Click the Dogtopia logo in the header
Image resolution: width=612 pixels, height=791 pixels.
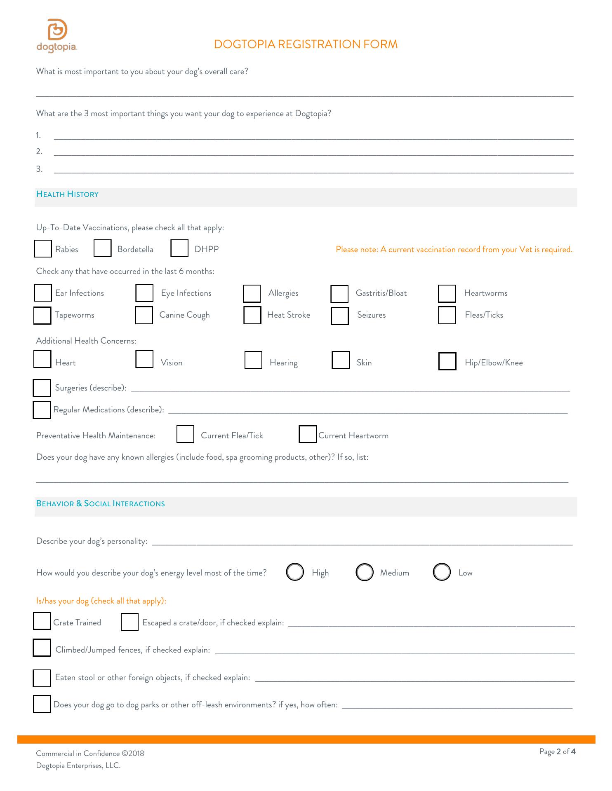pyautogui.click(x=57, y=35)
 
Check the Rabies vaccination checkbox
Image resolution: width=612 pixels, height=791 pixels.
pyautogui.click(x=43, y=249)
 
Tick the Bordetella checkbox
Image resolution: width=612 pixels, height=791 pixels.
pyautogui.click(x=103, y=248)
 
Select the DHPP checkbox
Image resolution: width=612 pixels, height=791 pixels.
pyautogui.click(x=179, y=248)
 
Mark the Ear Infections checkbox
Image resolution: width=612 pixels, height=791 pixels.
pyautogui.click(x=43, y=293)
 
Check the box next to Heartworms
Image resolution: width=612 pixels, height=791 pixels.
pyautogui.click(x=447, y=293)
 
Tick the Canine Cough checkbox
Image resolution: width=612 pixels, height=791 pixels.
pyautogui.click(x=144, y=315)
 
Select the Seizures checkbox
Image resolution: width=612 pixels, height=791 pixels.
pyautogui.click(x=340, y=316)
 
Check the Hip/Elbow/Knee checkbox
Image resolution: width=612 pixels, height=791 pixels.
pyautogui.click(x=447, y=362)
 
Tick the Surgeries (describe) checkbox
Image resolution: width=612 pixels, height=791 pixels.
pyautogui.click(x=42, y=388)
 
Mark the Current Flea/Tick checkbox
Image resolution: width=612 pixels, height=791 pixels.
pyautogui.click(x=185, y=434)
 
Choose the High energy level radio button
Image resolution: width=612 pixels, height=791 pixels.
pyautogui.click(x=295, y=572)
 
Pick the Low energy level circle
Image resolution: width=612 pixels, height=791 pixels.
pyautogui.click(x=442, y=572)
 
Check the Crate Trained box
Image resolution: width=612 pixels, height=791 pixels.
pyautogui.click(x=42, y=621)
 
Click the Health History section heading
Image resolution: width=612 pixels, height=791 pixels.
pyautogui.click(x=68, y=194)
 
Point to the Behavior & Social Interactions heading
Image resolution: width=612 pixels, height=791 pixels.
pyautogui.click(x=101, y=504)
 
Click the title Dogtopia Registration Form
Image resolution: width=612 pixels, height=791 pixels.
pyautogui.click(x=306, y=44)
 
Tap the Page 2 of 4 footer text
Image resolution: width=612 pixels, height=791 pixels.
pyautogui.click(x=557, y=751)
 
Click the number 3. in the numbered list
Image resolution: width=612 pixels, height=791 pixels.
pyautogui.click(x=39, y=169)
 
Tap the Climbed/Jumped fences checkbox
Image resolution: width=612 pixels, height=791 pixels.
pyautogui.click(x=42, y=648)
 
